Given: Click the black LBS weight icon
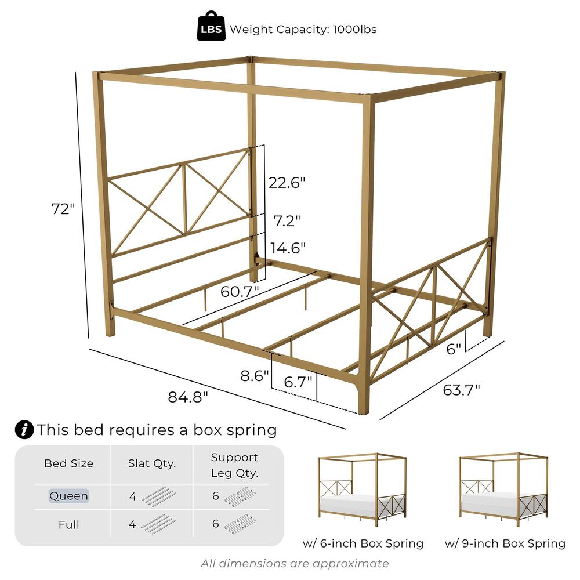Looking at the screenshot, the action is [x=211, y=26].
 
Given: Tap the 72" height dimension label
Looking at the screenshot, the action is [x=63, y=209].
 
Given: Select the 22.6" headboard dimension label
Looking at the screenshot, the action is [x=287, y=183].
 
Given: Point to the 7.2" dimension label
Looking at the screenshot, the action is [x=287, y=221].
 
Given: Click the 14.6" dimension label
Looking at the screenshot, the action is [x=288, y=248].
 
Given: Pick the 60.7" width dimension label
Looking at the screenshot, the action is [x=240, y=292].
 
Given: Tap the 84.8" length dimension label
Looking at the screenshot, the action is [x=188, y=397].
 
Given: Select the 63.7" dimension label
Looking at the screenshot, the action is [x=461, y=390].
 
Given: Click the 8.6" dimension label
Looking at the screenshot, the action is [x=255, y=376].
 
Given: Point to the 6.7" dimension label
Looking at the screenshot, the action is [x=298, y=382].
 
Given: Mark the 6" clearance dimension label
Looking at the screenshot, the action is [x=454, y=349].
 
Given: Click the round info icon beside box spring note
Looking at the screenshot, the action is [x=24, y=430].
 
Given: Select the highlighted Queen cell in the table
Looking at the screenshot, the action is [x=69, y=496].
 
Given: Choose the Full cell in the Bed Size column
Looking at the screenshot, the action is [x=69, y=524].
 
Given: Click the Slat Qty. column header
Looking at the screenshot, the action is [x=151, y=463].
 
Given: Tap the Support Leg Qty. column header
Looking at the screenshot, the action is [x=234, y=465].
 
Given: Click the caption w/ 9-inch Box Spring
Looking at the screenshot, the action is [x=505, y=543].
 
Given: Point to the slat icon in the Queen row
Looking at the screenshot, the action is [x=159, y=496].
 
